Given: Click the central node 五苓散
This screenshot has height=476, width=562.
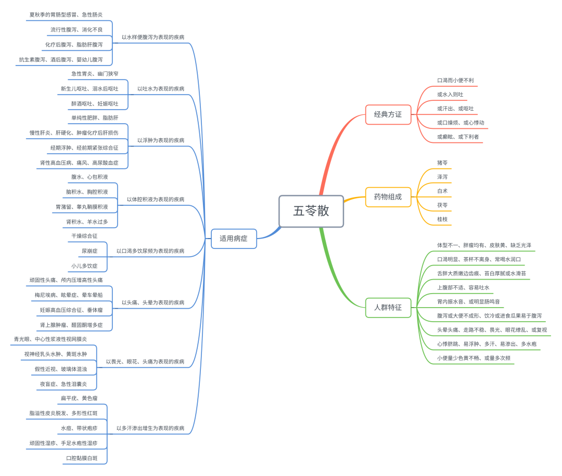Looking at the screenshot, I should pyautogui.click(x=311, y=211).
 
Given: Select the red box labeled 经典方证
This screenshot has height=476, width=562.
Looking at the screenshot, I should pyautogui.click(x=388, y=114).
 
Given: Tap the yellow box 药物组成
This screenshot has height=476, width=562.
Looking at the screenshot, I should pyautogui.click(x=388, y=197).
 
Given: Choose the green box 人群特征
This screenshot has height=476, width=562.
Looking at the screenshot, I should pyautogui.click(x=388, y=307).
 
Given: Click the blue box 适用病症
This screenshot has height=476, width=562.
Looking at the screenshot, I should pyautogui.click(x=234, y=239).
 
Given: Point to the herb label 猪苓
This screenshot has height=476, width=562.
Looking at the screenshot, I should pyautogui.click(x=442, y=163).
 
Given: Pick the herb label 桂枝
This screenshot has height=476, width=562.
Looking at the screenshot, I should pyautogui.click(x=442, y=220).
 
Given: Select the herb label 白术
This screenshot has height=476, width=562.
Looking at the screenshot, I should pyautogui.click(x=442, y=191).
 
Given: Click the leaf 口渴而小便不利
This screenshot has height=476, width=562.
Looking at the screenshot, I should pyautogui.click(x=455, y=81).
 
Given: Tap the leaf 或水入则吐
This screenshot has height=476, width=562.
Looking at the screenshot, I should pyautogui.click(x=450, y=95).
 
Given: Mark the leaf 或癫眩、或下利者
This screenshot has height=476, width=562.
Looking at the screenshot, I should pyautogui.click(x=458, y=137).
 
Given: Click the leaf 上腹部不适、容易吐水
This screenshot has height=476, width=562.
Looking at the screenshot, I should pyautogui.click(x=463, y=287).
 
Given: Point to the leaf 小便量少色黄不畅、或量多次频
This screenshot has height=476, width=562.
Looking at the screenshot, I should pyautogui.click(x=474, y=358).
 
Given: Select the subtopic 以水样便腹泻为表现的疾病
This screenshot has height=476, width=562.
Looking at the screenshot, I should pyautogui.click(x=153, y=37).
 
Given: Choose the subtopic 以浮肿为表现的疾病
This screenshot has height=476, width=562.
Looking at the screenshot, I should pyautogui.click(x=161, y=140).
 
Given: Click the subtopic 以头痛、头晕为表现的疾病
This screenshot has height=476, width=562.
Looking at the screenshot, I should pyautogui.click(x=153, y=302).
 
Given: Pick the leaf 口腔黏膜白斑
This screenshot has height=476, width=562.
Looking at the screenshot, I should pyautogui.click(x=82, y=458).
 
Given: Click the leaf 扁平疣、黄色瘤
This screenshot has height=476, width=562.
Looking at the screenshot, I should pyautogui.click(x=79, y=399).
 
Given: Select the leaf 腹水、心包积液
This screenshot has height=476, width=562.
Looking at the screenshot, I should pyautogui.click(x=90, y=177).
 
